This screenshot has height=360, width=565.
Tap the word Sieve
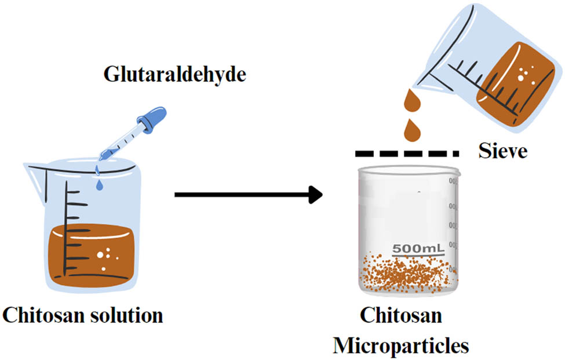502,152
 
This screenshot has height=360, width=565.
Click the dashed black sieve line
406,154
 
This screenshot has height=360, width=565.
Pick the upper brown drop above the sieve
414,101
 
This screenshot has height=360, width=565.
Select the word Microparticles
401,346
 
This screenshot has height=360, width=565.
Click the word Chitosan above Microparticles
401,317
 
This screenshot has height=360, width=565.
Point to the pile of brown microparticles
406,272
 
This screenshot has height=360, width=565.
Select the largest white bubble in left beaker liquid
100,254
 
